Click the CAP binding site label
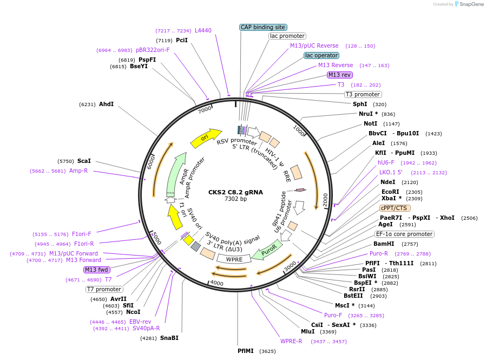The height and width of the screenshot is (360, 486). tap(263, 27)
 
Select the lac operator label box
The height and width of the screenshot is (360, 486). tap(321, 55)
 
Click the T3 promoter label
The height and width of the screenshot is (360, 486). tap(363, 94)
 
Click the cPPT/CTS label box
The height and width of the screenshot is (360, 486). tap(395, 208)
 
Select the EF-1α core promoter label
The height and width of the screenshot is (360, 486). tap(405, 234)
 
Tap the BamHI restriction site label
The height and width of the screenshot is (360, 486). tap(384, 244)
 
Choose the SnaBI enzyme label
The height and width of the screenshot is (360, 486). tap(169, 338)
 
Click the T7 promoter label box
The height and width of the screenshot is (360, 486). tap(104, 289)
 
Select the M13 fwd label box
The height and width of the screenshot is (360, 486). tap(97, 270)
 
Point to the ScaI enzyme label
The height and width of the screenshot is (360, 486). tap(84, 161)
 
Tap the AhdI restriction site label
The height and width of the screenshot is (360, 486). tap(106, 104)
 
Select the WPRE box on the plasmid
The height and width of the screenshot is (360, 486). tap(234, 259)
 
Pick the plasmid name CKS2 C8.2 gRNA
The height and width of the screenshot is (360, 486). tap(235, 192)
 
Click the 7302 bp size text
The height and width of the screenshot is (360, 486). tap(235, 199)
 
